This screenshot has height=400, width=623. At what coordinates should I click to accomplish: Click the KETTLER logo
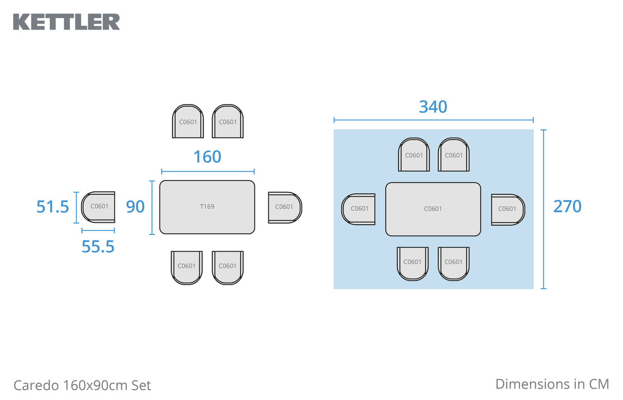tap(66, 22)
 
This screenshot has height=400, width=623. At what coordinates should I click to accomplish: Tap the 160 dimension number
tap(207, 157)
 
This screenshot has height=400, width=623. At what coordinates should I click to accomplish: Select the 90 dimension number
tap(135, 207)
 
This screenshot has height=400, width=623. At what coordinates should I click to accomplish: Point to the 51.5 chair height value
tap(52, 207)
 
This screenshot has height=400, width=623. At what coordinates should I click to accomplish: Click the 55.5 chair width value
tap(98, 247)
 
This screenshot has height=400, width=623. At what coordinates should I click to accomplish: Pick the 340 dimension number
tap(433, 107)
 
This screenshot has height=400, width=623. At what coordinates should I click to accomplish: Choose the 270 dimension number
tap(567, 206)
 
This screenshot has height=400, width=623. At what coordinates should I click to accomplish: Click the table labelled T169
tap(207, 207)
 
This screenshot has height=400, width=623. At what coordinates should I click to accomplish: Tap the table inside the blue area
tap(433, 209)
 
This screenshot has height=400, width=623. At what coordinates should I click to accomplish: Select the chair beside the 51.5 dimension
tap(99, 207)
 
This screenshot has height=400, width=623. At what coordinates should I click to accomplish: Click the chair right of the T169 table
tap(284, 207)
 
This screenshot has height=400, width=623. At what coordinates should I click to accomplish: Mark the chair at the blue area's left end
tap(359, 209)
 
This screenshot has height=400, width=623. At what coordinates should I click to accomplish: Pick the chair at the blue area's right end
tap(507, 209)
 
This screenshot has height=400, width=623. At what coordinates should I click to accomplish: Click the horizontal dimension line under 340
tap(433, 120)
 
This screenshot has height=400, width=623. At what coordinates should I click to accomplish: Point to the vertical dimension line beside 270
tap(543, 209)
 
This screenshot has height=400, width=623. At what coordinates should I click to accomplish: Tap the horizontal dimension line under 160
tap(207, 171)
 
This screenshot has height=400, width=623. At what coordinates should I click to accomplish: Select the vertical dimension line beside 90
tap(152, 207)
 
